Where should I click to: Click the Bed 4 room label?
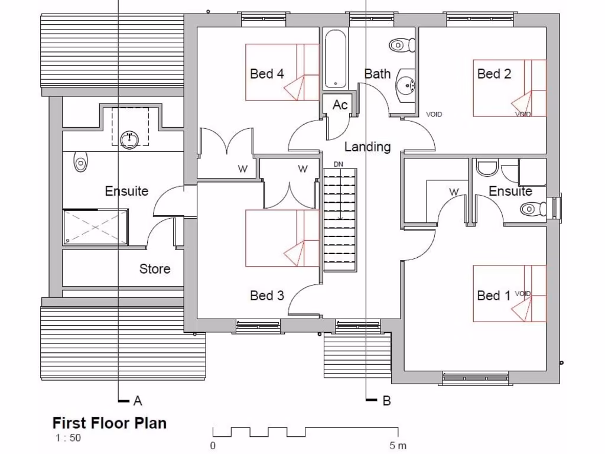click(267, 74)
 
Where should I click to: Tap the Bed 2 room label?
click(494, 74)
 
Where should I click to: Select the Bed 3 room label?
click(267, 296)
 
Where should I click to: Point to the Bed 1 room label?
click(493, 296)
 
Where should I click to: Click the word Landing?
click(367, 147)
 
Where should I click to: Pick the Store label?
click(155, 269)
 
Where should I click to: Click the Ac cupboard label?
click(340, 105)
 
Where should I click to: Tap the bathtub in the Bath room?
click(335, 59)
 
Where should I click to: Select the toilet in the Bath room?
click(404, 44)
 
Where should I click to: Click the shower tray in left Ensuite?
click(95, 226)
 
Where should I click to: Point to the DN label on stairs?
click(339, 164)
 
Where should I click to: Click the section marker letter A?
click(138, 401)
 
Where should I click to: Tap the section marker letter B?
click(387, 401)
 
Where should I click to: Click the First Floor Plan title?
click(109, 423)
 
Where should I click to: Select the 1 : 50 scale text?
click(68, 438)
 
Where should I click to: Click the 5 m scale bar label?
click(398, 445)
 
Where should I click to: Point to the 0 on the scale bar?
click(213, 445)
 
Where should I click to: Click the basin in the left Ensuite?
click(129, 140)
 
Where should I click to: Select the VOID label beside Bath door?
click(434, 115)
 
